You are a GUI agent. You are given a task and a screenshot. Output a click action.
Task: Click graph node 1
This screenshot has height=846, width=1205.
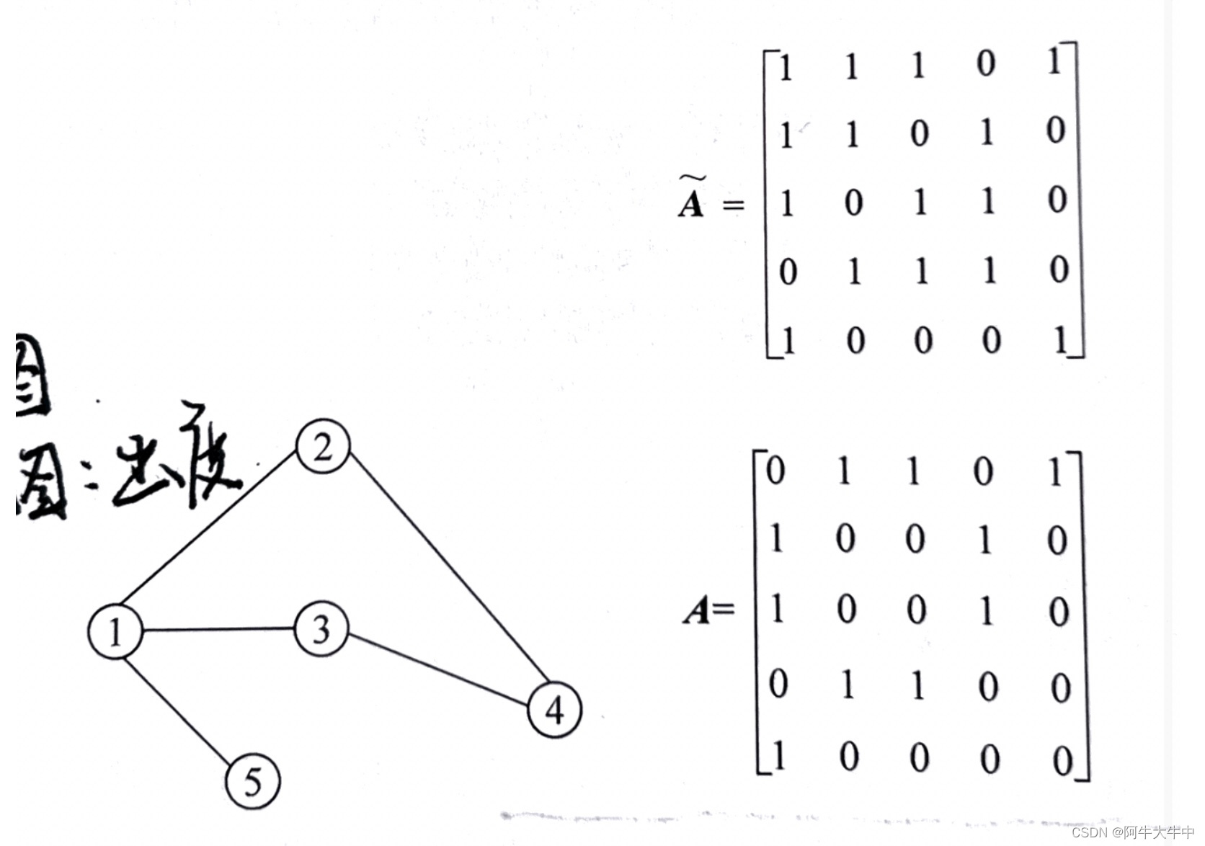(x=115, y=632)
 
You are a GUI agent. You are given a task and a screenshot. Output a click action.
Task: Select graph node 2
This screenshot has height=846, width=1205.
(x=323, y=448)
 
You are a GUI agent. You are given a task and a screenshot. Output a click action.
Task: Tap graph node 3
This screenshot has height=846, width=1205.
(x=321, y=630)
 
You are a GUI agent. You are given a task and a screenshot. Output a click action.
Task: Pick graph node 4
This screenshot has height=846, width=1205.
(x=554, y=710)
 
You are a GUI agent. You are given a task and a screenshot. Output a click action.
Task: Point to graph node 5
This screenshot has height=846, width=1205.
(x=252, y=782)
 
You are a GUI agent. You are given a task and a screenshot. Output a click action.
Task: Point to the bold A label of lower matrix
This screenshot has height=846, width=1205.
(x=698, y=611)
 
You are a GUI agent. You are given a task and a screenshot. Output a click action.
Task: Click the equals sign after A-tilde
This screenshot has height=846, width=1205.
(x=733, y=205)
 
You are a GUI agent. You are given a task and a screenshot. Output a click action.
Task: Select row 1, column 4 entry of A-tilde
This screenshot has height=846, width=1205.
(x=986, y=64)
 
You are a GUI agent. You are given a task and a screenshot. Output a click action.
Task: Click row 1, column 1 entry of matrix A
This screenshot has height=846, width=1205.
(x=775, y=471)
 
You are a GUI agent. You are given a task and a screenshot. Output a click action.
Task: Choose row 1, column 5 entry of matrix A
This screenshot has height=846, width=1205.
(x=1056, y=473)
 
